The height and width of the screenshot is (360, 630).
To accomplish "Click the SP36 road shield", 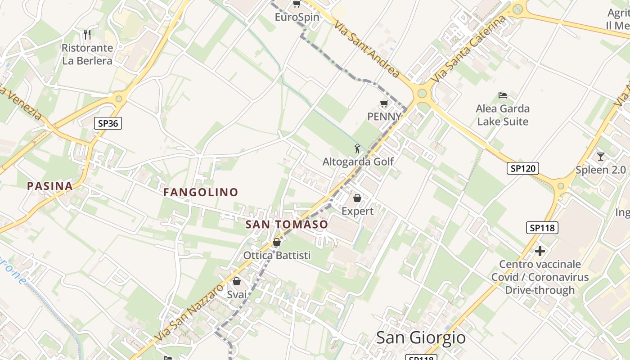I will [108, 123].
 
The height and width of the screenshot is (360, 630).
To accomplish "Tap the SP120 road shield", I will [522, 168].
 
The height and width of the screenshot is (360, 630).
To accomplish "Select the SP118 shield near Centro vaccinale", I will [542, 228].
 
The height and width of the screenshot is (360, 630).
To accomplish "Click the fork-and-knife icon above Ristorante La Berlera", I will [87, 34].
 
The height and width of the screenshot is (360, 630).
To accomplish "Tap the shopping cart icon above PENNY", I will [384, 104].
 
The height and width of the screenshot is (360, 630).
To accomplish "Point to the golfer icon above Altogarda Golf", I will [357, 148].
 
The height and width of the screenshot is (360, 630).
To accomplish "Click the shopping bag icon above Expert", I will [357, 198].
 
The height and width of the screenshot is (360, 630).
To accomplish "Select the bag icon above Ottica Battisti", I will [277, 243].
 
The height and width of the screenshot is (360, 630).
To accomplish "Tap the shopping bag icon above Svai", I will [237, 282].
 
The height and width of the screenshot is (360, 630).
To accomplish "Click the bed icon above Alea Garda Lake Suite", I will [503, 95].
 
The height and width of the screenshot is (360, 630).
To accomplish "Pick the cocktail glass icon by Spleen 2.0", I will [600, 157].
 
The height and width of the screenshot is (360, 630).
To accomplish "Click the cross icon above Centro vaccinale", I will [540, 251].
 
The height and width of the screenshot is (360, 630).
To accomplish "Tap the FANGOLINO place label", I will [201, 192].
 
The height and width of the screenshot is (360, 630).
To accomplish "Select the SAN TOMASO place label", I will [287, 224].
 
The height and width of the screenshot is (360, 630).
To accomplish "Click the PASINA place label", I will [49, 186].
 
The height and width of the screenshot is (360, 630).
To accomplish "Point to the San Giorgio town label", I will [420, 337].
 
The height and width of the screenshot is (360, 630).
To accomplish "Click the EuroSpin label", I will [297, 17].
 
